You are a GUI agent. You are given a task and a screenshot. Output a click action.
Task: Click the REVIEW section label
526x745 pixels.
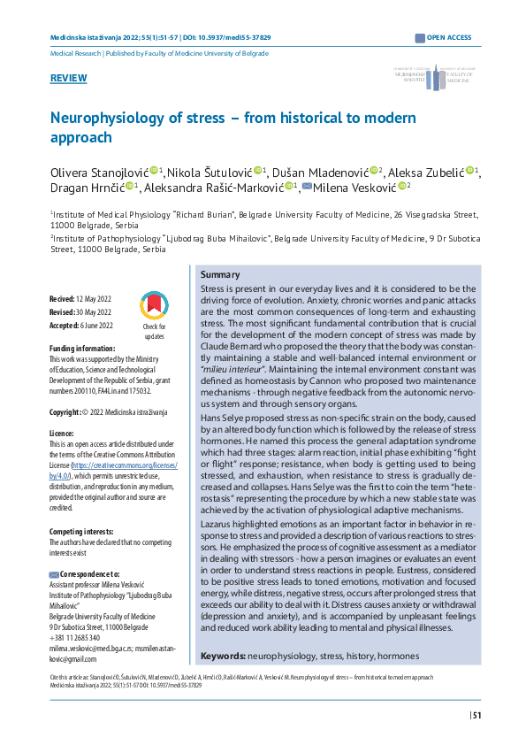coord(69,79)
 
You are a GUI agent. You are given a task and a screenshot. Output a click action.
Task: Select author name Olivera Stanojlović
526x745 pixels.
coord(98,170)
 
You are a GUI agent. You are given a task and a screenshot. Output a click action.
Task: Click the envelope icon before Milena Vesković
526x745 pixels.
coord(307,187)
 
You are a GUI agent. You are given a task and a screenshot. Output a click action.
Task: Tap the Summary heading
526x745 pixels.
coord(220,275)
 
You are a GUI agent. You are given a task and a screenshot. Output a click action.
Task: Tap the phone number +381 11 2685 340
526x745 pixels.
coord(74,638)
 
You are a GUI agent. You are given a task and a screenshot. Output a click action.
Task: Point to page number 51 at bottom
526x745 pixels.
coord(476,716)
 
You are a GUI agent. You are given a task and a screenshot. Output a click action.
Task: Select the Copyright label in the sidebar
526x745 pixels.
coord(65,413)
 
